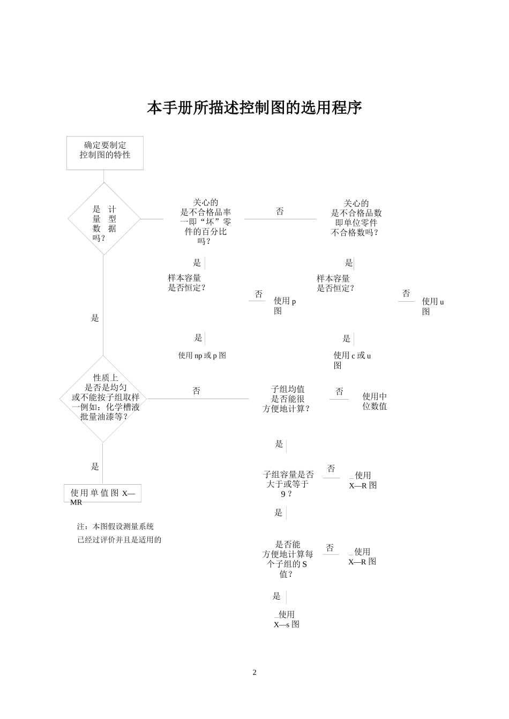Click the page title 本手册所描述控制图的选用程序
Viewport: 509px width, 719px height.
pyautogui.click(x=254, y=108)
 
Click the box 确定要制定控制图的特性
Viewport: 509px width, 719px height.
pyautogui.click(x=105, y=152)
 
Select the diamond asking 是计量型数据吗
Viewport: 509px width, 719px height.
pyautogui.click(x=104, y=219)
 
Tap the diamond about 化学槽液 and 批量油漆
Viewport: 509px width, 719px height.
pyautogui.click(x=103, y=399)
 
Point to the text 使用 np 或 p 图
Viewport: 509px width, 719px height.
pyautogui.click(x=202, y=355)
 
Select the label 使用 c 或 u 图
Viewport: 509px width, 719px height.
pyautogui.click(x=352, y=360)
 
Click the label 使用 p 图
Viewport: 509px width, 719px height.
pyautogui.click(x=285, y=305)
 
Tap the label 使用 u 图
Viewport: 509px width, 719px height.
pyautogui.click(x=433, y=306)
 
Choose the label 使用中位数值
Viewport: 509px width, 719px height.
pyautogui.click(x=375, y=401)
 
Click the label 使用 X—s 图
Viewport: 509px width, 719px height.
pyautogui.click(x=286, y=619)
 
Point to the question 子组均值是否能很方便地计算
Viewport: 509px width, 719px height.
pyautogui.click(x=287, y=399)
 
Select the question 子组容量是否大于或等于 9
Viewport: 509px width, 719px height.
pyautogui.click(x=288, y=484)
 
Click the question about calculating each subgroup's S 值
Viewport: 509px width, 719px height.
pyautogui.click(x=287, y=559)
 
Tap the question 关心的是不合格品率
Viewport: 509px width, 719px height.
pyautogui.click(x=205, y=221)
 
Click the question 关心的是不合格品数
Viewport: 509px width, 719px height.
pyautogui.click(x=356, y=218)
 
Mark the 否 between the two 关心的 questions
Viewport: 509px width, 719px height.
pyautogui.click(x=280, y=211)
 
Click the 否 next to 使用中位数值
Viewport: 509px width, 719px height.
pyautogui.click(x=339, y=392)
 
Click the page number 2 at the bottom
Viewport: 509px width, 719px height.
pyautogui.click(x=254, y=672)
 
